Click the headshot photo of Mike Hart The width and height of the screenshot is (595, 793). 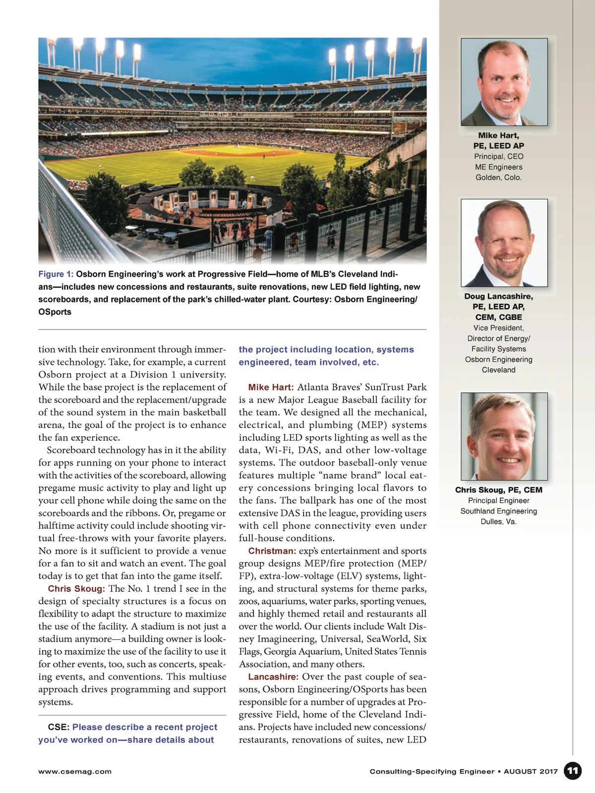click(504, 82)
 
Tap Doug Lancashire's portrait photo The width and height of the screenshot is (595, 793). click(504, 243)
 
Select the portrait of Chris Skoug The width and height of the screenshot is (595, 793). click(504, 436)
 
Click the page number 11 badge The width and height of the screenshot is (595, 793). click(573, 771)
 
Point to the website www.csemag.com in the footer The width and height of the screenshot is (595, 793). click(75, 771)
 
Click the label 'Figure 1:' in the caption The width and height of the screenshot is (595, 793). click(56, 274)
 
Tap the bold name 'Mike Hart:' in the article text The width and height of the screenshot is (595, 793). click(271, 387)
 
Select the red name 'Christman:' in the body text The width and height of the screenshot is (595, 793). click(272, 551)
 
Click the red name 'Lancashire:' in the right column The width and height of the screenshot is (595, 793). click(273, 677)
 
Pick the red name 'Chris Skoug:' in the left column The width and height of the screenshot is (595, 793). click(76, 588)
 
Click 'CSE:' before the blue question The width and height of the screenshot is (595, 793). click(59, 727)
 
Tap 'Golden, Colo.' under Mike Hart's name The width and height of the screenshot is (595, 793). click(498, 177)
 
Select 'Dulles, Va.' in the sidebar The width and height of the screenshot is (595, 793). click(498, 521)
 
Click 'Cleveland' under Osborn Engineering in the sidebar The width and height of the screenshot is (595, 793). click(498, 370)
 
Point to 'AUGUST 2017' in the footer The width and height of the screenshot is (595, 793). click(531, 771)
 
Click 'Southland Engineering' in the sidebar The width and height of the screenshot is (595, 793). click(498, 511)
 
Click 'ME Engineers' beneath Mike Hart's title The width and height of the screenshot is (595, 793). click(498, 167)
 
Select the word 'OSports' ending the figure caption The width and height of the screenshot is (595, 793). click(55, 312)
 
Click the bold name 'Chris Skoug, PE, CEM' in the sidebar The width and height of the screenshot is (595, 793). click(498, 490)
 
